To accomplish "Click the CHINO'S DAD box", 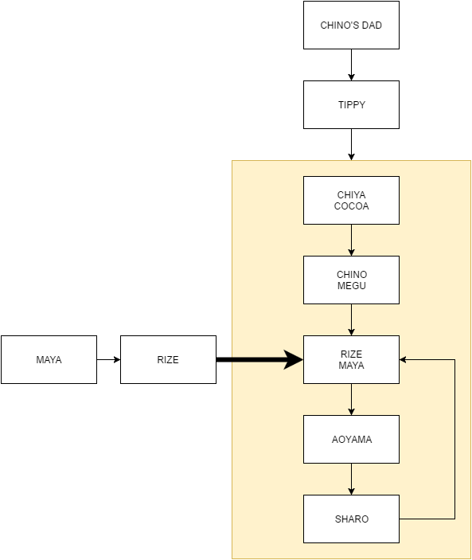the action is pos(351,25).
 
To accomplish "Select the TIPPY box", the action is pos(351,104).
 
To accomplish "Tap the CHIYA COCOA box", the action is pos(351,201).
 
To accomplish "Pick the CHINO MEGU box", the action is pos(351,280).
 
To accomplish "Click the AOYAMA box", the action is pos(351,439).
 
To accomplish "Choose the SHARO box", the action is pos(351,519).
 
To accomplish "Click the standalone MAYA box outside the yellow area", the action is pos(49,359).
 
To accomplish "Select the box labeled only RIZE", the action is pos(168,359).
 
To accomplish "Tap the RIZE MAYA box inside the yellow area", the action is pos(351,359).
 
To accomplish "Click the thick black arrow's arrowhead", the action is pos(294,359).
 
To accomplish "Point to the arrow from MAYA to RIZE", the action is pos(108,359).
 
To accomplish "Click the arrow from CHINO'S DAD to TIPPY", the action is pos(351,65).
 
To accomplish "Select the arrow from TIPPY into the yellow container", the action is pos(351,145).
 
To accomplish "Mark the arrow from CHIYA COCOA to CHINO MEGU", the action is pos(351,241).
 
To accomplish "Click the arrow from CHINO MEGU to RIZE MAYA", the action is pos(351,320).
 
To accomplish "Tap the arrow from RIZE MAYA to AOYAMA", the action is pos(351,400).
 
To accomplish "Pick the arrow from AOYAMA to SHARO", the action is pos(351,480).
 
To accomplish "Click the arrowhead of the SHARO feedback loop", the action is pos(403,359).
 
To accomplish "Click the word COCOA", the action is pos(351,206).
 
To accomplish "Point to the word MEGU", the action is pos(352,286).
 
